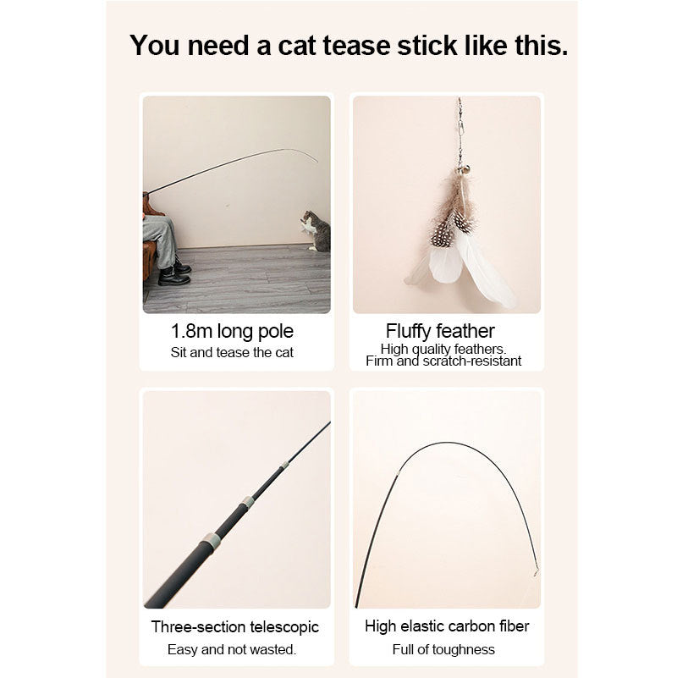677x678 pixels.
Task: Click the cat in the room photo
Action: pyautogui.click(x=315, y=231)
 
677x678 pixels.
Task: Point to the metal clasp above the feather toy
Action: pyautogui.click(x=461, y=119)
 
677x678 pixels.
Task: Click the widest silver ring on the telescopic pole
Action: pyautogui.click(x=211, y=540)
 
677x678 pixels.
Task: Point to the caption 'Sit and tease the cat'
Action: pyautogui.click(x=232, y=352)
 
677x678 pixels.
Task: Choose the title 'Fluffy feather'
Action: pyautogui.click(x=440, y=331)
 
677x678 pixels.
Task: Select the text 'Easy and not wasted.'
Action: pyautogui.click(x=232, y=649)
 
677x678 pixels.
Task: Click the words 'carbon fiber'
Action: pyautogui.click(x=490, y=626)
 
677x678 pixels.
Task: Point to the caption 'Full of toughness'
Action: pyautogui.click(x=444, y=649)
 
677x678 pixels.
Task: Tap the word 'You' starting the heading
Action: pyautogui.click(x=157, y=46)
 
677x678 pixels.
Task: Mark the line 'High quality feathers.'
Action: pyautogui.click(x=443, y=349)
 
